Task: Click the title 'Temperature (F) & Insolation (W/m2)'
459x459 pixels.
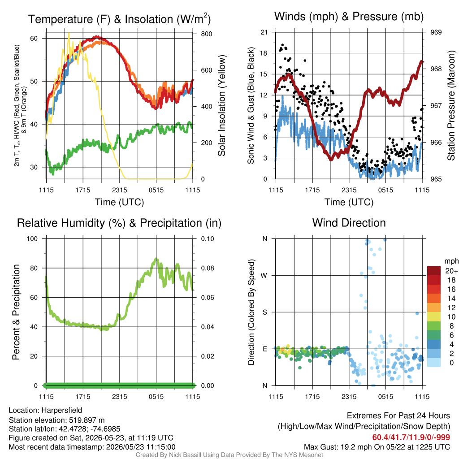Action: click(119, 19)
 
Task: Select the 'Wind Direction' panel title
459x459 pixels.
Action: click(349, 223)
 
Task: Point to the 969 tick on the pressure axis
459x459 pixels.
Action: click(436, 32)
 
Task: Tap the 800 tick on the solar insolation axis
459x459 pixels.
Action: click(206, 34)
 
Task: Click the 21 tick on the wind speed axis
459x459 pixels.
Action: click(264, 32)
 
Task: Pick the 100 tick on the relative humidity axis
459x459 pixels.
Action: click(32, 239)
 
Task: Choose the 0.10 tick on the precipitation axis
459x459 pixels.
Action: click(208, 239)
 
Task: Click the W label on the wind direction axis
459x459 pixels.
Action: click(264, 276)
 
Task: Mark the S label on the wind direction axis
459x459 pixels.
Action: click(264, 312)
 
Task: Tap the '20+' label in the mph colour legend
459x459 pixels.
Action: click(451, 271)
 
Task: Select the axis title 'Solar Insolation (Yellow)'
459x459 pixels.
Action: click(222, 105)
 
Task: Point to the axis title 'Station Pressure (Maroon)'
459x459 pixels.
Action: click(451, 105)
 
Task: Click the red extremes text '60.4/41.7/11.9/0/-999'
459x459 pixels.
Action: click(411, 437)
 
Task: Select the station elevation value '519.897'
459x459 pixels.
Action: click(83, 420)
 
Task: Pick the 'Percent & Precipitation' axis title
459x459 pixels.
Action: click(16, 312)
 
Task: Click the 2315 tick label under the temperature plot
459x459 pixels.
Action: click(119, 190)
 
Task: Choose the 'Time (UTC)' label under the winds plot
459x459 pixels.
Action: click(349, 202)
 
